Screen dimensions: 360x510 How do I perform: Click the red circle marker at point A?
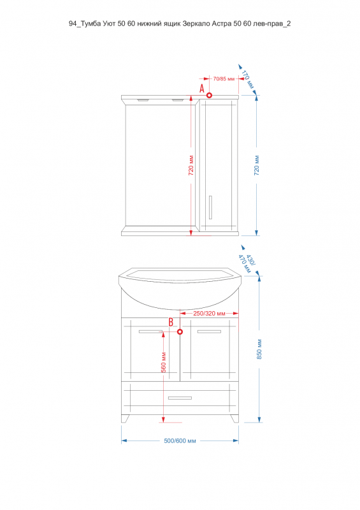tap(210, 95)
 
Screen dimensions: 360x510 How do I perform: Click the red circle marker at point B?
tap(180, 331)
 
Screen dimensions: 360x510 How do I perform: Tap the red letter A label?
tap(201, 88)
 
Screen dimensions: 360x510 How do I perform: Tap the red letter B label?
tap(171, 323)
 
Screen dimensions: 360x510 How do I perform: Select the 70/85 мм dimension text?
tap(224, 78)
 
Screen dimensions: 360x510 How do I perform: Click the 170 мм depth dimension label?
tap(248, 79)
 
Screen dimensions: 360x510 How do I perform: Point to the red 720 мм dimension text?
tap(191, 166)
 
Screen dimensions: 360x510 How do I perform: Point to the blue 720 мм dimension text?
tap(257, 166)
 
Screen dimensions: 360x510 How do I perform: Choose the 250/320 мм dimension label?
tap(209, 314)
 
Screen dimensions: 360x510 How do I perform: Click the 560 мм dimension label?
tap(164, 362)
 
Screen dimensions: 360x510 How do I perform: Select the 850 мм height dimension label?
tap(259, 349)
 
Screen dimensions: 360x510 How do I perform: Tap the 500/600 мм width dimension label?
tap(180, 441)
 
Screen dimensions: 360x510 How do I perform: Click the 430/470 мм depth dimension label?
tap(247, 263)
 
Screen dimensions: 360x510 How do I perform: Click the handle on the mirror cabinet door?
tap(210, 208)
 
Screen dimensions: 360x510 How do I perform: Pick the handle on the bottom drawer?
tap(180, 398)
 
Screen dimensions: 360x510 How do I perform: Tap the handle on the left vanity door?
tap(150, 331)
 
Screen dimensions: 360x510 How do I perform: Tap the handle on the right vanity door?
tap(209, 331)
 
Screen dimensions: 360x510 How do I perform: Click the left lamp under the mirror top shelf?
tap(143, 100)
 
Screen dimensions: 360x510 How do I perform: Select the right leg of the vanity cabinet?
tap(235, 419)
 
